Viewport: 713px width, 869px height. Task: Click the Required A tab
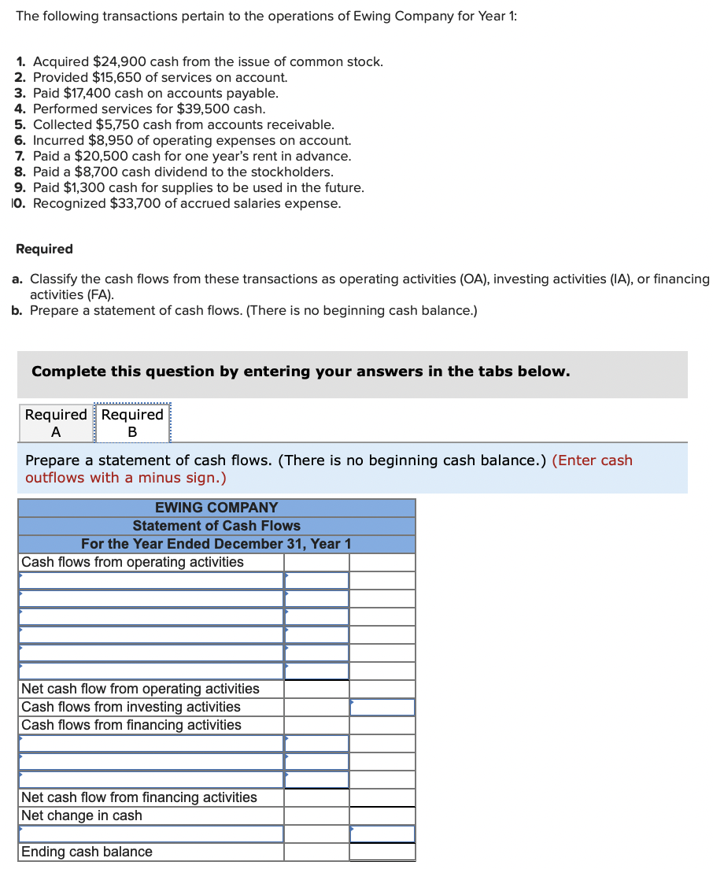coord(56,423)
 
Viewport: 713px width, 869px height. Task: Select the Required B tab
coord(132,423)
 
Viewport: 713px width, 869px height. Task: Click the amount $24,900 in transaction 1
coord(132,61)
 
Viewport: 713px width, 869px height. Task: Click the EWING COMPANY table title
coord(216,508)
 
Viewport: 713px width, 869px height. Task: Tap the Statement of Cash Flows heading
coord(216,526)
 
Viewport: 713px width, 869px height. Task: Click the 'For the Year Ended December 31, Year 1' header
coord(216,544)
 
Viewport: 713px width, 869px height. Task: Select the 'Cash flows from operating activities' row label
coord(132,562)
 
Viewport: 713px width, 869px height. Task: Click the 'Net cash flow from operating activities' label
coord(140,689)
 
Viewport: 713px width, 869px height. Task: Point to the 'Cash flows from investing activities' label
coord(131,707)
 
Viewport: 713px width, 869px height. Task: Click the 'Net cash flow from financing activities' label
coord(139,797)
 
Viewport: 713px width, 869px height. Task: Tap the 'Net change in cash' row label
coord(82,815)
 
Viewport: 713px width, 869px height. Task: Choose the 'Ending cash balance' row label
coord(87,852)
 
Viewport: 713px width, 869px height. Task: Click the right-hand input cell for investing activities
coord(382,707)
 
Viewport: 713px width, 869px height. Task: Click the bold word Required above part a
coord(44,249)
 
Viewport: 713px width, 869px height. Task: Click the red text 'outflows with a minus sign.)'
coord(126,478)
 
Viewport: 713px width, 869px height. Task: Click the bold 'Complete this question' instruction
coord(300,372)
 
